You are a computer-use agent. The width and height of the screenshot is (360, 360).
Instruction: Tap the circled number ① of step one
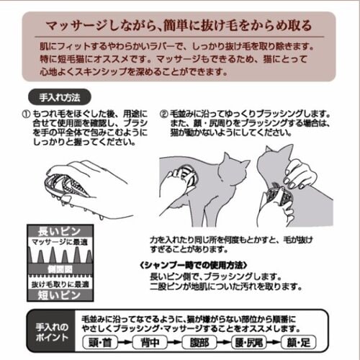tap(26, 114)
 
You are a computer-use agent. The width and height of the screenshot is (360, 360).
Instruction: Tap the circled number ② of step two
tap(163, 114)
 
